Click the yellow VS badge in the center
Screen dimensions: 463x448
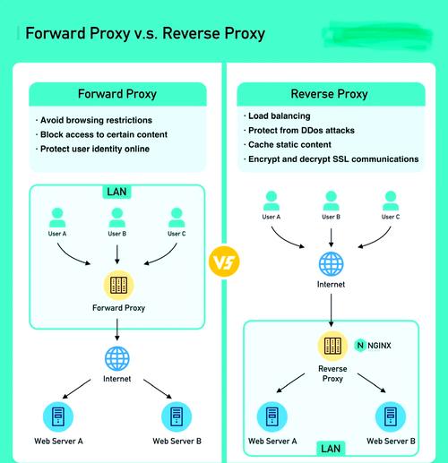(x=223, y=263)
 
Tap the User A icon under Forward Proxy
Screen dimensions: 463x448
(x=58, y=218)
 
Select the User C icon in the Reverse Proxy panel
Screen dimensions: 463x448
(x=391, y=199)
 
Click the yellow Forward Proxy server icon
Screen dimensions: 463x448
(x=117, y=286)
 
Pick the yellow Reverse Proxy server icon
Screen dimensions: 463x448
(x=332, y=346)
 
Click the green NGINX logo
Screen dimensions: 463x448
(x=360, y=345)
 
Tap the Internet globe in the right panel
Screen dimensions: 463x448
(x=332, y=263)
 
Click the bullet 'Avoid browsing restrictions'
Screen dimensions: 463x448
(x=95, y=120)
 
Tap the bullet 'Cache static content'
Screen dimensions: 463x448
(x=289, y=144)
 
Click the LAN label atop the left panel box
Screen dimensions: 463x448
(x=117, y=192)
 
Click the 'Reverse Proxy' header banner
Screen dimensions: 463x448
(x=329, y=94)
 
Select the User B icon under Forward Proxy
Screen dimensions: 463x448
(x=117, y=218)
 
